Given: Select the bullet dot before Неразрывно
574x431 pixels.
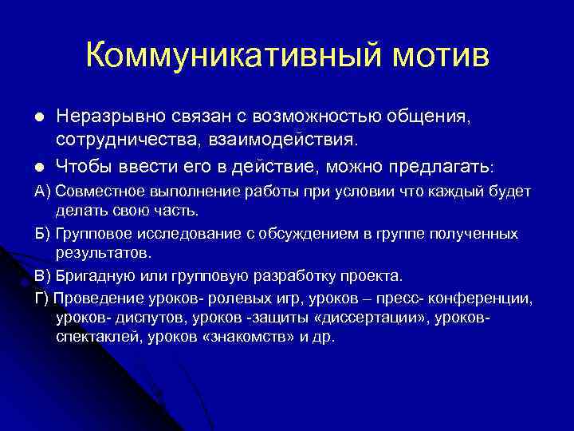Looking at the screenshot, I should coord(38,118).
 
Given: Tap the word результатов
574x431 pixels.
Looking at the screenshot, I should coord(103,253).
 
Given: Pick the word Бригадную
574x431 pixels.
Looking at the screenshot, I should coord(95,276).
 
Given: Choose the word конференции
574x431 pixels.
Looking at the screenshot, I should coord(482,298).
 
